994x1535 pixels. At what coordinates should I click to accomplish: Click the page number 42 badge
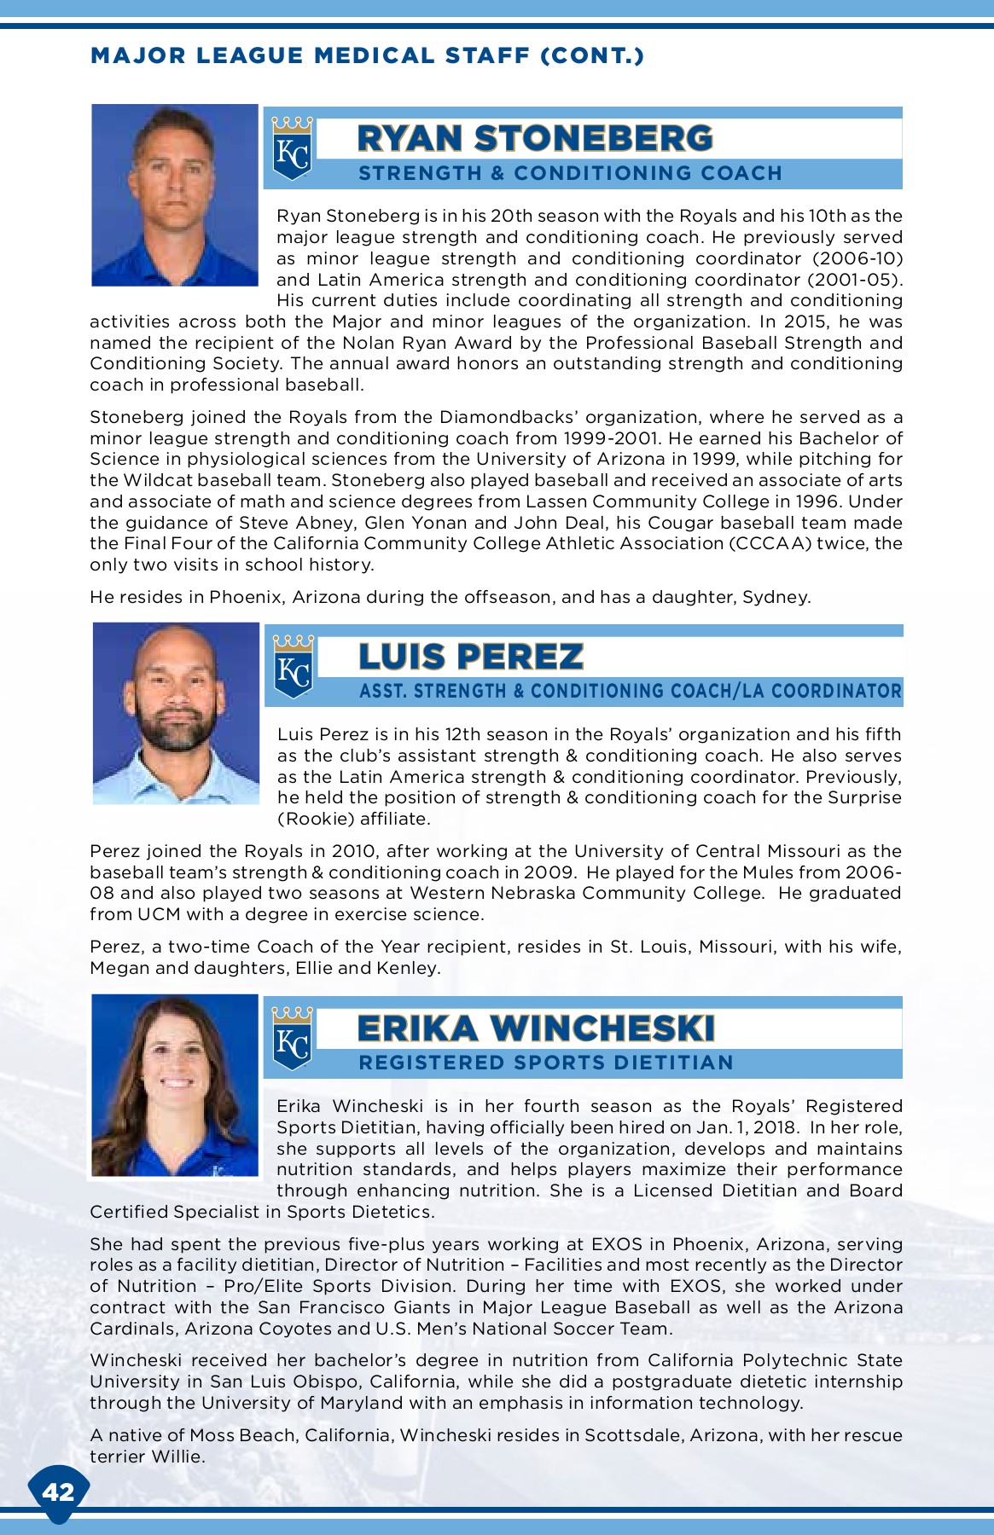(58, 1492)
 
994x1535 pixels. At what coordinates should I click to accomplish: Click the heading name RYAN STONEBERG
(534, 138)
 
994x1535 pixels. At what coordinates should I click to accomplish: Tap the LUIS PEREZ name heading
(471, 657)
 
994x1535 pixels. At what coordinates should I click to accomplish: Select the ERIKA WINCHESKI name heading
(535, 1028)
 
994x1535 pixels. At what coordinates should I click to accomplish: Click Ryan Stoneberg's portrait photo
(175, 195)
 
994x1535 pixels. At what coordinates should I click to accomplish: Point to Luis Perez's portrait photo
(176, 713)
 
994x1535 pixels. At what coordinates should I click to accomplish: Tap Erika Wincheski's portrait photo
(175, 1085)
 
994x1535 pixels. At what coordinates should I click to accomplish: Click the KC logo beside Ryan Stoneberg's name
(292, 149)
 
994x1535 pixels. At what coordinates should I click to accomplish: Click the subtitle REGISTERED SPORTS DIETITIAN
(546, 1063)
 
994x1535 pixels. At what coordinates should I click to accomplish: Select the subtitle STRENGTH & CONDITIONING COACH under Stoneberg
(570, 173)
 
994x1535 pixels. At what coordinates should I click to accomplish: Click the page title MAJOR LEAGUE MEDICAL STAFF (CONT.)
(367, 56)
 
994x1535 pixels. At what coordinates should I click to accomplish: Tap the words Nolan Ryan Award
(427, 343)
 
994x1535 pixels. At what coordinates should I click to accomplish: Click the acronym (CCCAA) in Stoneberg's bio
(770, 543)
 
